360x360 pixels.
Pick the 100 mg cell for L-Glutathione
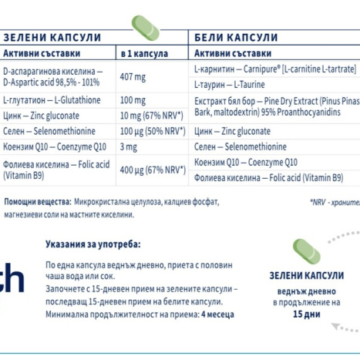point(133,101)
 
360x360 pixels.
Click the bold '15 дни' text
point(307,315)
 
